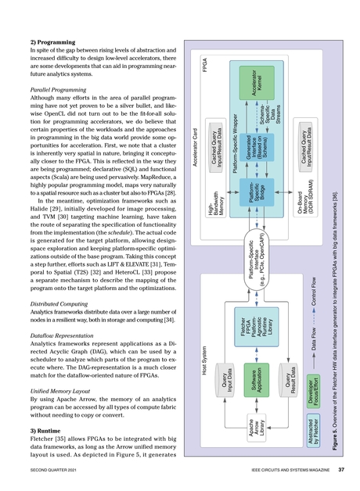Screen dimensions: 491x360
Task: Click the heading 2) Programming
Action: coord(46,38)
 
